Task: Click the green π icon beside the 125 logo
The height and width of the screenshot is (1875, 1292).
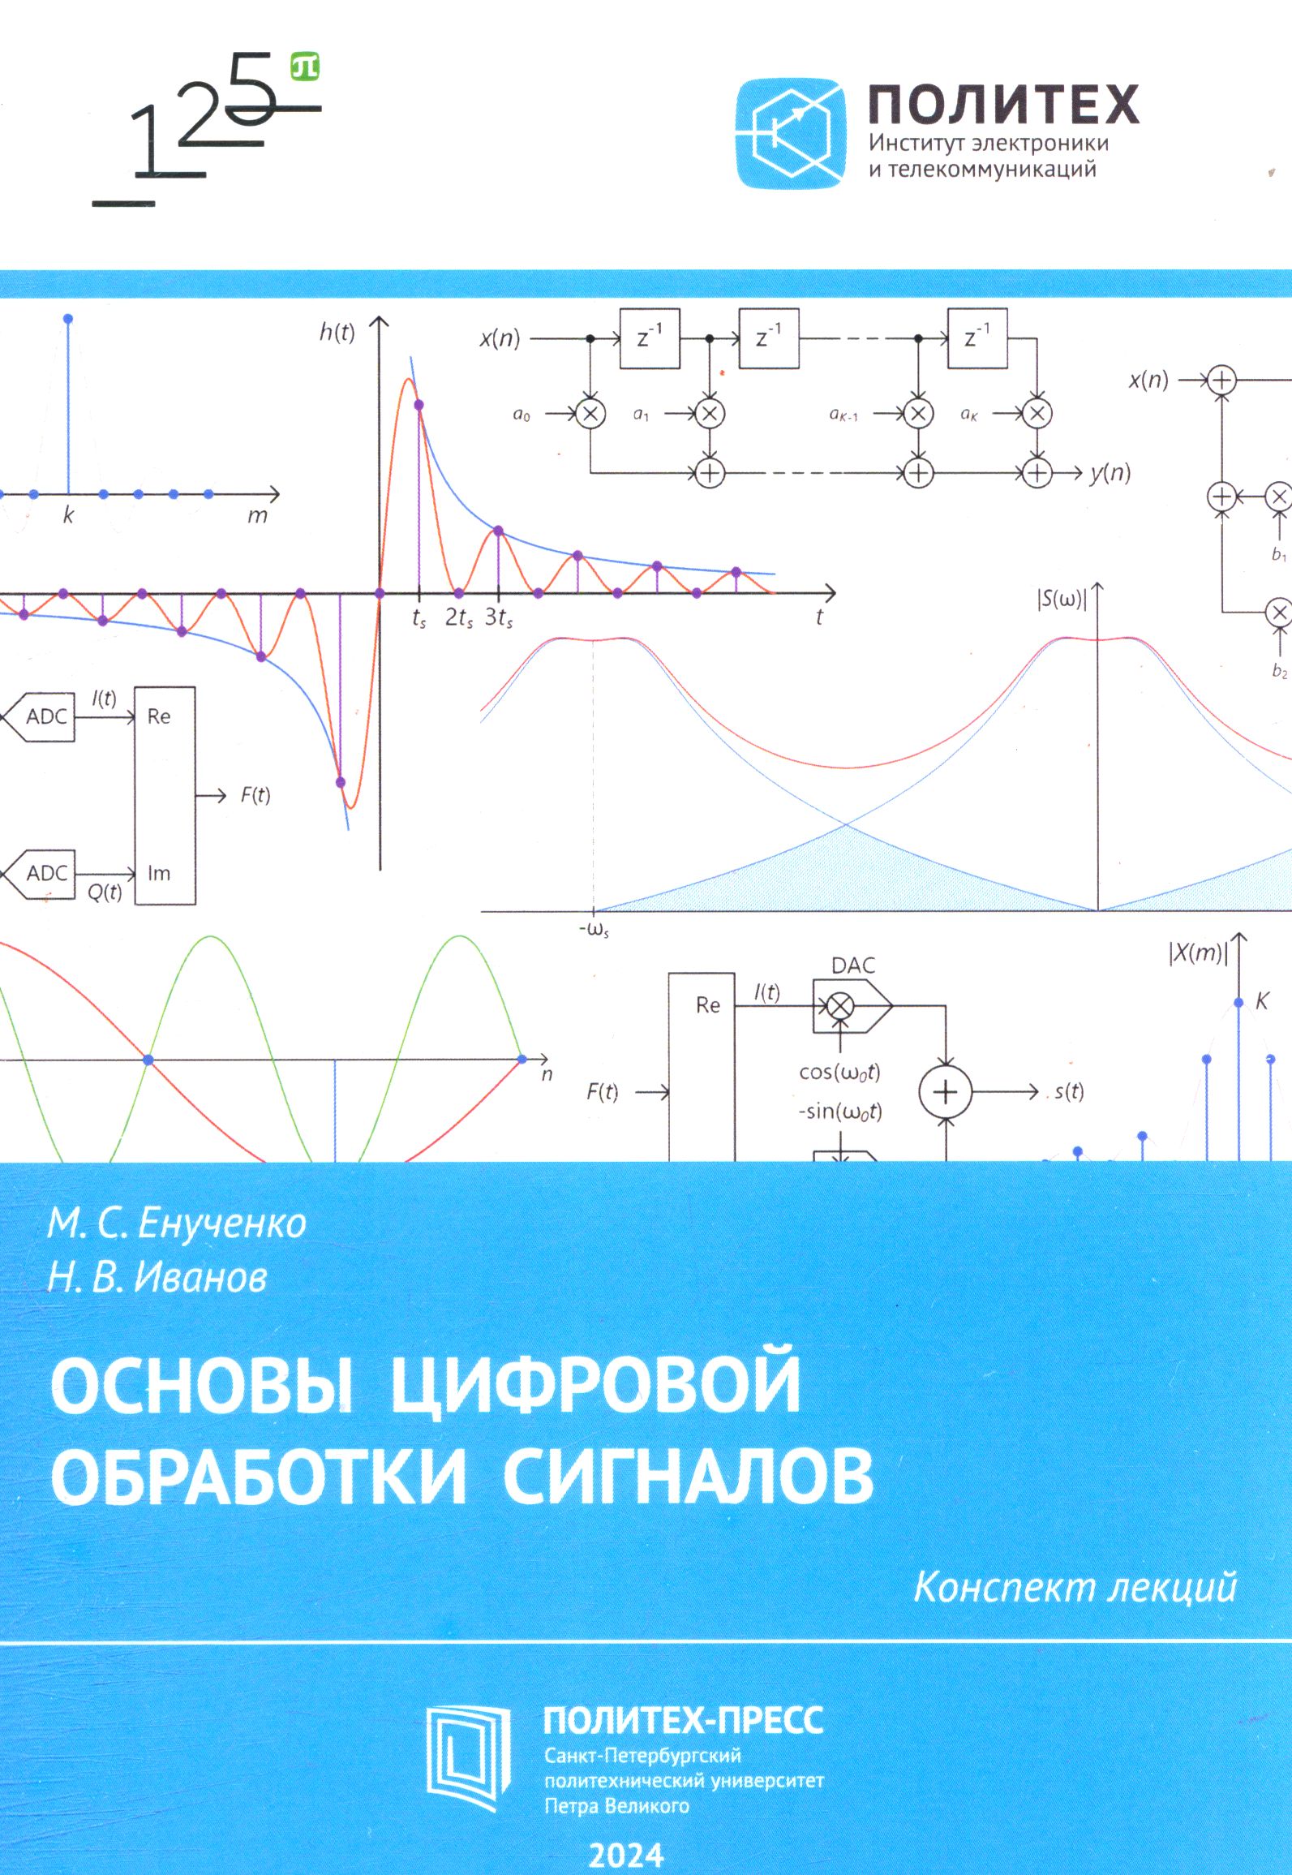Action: [x=305, y=67]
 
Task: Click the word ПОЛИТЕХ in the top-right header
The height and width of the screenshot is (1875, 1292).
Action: [x=1004, y=104]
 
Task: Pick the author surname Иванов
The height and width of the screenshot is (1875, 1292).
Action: [x=200, y=1277]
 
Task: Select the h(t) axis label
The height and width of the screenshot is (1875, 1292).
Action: [x=337, y=332]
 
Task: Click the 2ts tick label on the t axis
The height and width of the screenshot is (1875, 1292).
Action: [x=459, y=618]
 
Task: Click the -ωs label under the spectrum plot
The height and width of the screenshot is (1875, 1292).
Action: [x=594, y=930]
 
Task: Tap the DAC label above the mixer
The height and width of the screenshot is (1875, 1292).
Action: [x=853, y=965]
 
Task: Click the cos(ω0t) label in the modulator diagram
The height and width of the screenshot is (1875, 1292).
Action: [x=839, y=1073]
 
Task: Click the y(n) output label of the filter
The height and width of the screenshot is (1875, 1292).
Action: [x=1110, y=473]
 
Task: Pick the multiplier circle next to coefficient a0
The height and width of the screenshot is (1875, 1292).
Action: [x=590, y=413]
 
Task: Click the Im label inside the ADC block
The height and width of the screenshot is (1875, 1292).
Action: [x=159, y=873]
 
